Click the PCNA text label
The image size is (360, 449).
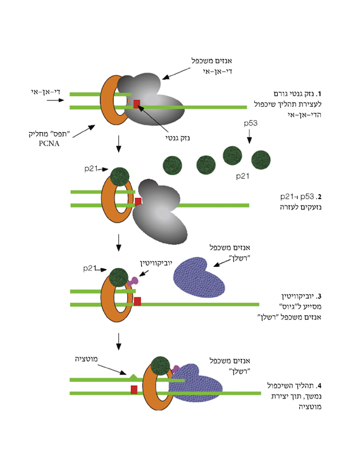click(x=49, y=144)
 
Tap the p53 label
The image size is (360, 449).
click(x=251, y=123)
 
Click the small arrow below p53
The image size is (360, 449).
click(x=249, y=137)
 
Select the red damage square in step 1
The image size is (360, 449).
click(x=137, y=104)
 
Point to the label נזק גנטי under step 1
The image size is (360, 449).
click(x=178, y=138)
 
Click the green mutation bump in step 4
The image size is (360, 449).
click(x=133, y=377)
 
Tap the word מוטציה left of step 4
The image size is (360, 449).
click(x=86, y=359)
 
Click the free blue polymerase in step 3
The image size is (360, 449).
click(x=199, y=277)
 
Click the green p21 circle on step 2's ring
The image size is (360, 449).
click(x=120, y=176)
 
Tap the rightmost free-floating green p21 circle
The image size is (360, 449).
click(x=261, y=160)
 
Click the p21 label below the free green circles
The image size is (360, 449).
click(x=242, y=176)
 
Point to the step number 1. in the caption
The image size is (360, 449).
click(x=318, y=94)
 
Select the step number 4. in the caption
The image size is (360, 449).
click(x=318, y=386)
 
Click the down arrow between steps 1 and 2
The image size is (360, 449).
click(x=118, y=144)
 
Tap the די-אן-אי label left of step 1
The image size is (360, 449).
click(x=46, y=92)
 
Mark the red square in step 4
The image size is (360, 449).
click(x=134, y=390)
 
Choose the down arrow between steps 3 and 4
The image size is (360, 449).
click(x=118, y=341)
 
